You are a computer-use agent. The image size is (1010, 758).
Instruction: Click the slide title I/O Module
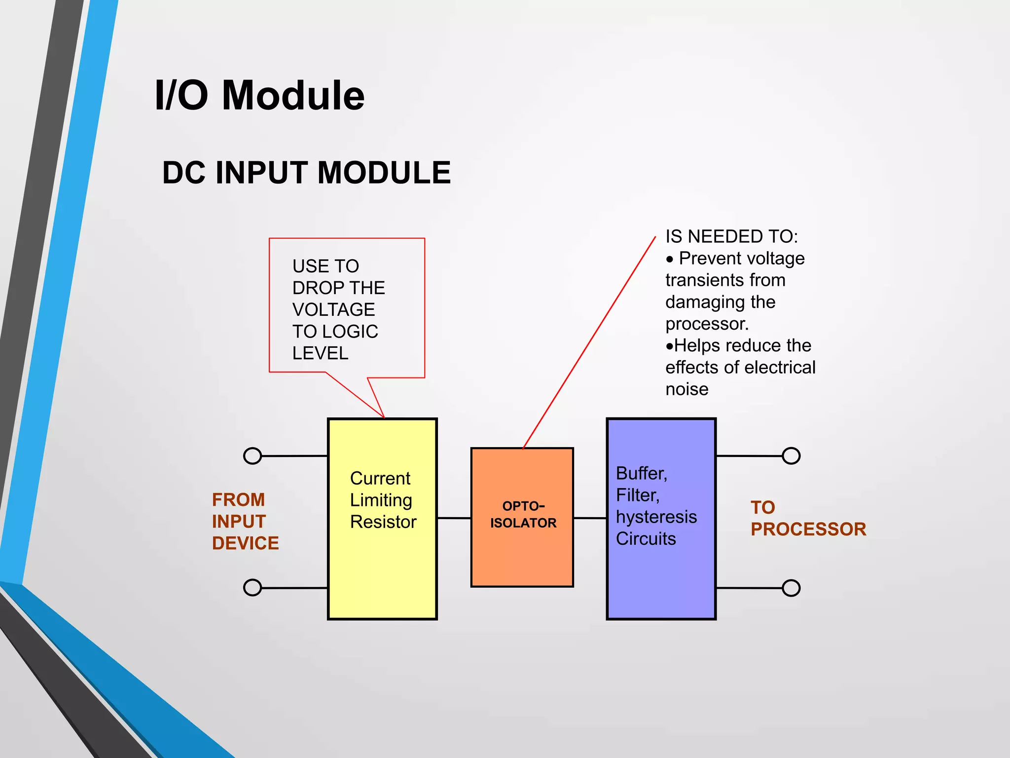pos(259,95)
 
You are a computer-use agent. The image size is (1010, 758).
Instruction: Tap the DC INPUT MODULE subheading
pos(306,173)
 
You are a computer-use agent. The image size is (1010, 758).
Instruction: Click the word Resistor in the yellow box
pos(383,522)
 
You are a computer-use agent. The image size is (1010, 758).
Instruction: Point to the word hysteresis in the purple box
pos(656,517)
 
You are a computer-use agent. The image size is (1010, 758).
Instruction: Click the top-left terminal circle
pos(252,455)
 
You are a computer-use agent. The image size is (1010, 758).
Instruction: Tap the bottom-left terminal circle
pos(252,587)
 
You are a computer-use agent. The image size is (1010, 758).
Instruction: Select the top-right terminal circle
pos(791,455)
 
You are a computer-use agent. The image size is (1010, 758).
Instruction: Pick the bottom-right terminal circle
pos(791,588)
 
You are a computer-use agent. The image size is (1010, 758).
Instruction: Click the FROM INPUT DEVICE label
pos(245,521)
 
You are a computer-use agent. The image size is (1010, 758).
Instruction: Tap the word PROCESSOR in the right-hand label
pos(808,530)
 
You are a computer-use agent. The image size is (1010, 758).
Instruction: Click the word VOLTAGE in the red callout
pos(333,310)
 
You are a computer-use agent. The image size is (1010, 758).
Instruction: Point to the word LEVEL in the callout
pos(320,353)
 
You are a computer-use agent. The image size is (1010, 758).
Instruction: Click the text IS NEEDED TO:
pos(731,237)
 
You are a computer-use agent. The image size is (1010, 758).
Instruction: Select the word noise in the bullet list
pos(686,389)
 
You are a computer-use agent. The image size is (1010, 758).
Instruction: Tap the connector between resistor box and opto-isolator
pos(454,518)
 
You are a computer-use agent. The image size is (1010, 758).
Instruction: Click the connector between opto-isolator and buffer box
pos(590,518)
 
